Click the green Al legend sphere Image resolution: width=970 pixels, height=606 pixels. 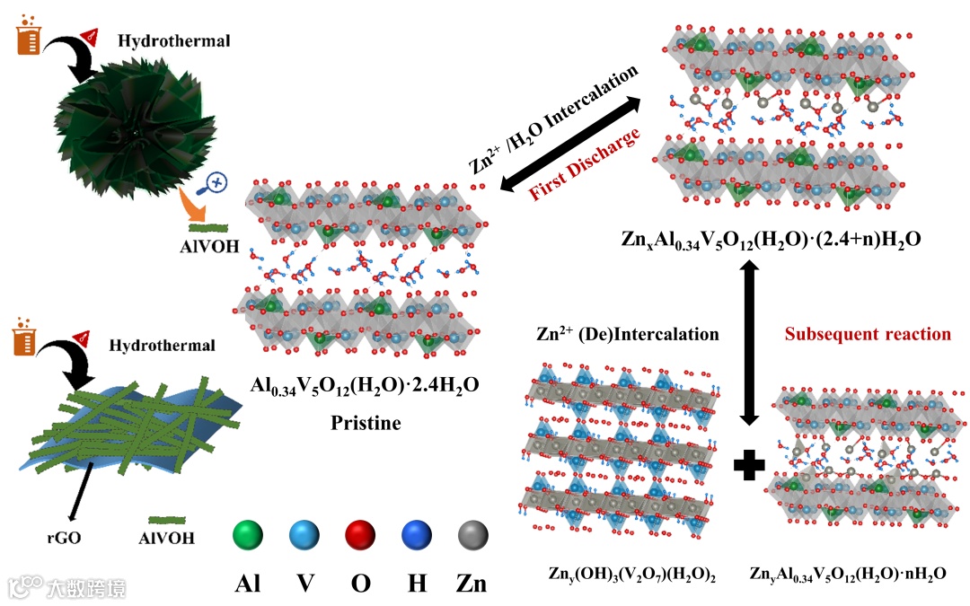[x=249, y=537]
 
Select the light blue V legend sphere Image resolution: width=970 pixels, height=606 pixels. [x=304, y=537]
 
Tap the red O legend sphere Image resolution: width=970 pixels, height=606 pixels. [x=361, y=537]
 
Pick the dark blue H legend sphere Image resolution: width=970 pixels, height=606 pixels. [x=417, y=537]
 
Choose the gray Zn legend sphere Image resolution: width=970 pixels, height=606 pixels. [x=472, y=537]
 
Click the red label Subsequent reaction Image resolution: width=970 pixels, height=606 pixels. [x=868, y=334]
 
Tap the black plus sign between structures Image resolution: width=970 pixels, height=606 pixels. [x=749, y=463]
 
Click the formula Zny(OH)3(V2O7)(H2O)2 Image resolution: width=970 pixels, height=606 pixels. [x=631, y=573]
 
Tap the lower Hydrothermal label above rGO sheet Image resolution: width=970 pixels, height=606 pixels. [x=163, y=345]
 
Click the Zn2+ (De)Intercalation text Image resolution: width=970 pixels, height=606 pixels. [x=628, y=334]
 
